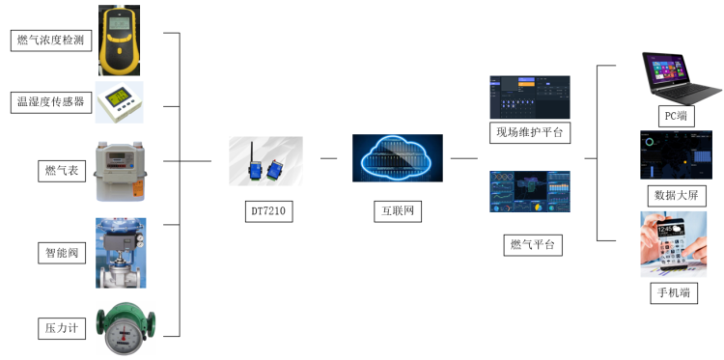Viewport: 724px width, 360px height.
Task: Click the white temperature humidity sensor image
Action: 119,102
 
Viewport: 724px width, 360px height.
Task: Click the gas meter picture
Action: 121,170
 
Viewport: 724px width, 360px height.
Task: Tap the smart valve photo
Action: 121,252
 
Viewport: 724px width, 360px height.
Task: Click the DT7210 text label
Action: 265,209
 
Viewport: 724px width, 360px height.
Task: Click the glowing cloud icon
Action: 397,159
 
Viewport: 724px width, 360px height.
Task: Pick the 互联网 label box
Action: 398,209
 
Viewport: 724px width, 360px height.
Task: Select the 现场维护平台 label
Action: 529,131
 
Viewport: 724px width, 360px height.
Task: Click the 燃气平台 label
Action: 530,243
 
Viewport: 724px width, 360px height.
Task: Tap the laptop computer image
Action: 675,78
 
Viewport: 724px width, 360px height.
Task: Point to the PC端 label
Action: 675,116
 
